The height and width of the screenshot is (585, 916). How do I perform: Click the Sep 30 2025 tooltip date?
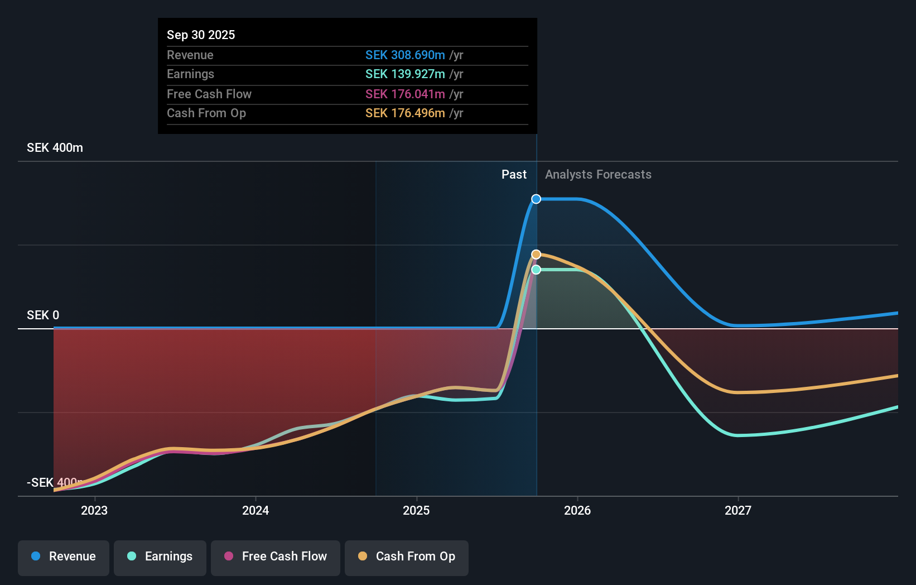(201, 35)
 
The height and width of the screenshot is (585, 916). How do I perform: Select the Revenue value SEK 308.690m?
(405, 55)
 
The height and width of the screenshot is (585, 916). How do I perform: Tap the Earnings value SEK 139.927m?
(405, 74)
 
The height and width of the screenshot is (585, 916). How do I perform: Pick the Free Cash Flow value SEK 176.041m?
(405, 94)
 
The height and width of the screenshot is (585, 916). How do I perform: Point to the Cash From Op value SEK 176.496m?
(405, 113)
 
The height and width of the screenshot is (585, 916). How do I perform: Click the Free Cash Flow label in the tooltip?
(209, 94)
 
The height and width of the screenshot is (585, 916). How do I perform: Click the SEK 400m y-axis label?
(55, 148)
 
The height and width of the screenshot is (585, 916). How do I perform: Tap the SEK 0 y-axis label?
(43, 315)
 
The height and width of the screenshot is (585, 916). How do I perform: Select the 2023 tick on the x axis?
(94, 510)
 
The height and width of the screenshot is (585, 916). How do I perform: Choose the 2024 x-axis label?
(255, 510)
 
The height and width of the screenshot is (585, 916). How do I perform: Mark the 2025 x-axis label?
(416, 510)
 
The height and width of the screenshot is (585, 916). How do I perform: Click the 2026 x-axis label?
(577, 510)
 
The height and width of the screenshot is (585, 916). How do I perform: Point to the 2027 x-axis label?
(738, 510)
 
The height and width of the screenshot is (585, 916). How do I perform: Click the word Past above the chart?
(514, 175)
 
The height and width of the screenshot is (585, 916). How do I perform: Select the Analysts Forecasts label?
(598, 175)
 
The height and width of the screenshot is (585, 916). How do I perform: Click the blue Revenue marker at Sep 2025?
(536, 199)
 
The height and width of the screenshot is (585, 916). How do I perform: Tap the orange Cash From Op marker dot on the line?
(536, 255)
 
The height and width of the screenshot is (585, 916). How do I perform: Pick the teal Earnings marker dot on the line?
(536, 270)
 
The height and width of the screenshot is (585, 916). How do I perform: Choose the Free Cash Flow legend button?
(276, 557)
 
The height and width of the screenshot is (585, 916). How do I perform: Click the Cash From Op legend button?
(407, 557)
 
